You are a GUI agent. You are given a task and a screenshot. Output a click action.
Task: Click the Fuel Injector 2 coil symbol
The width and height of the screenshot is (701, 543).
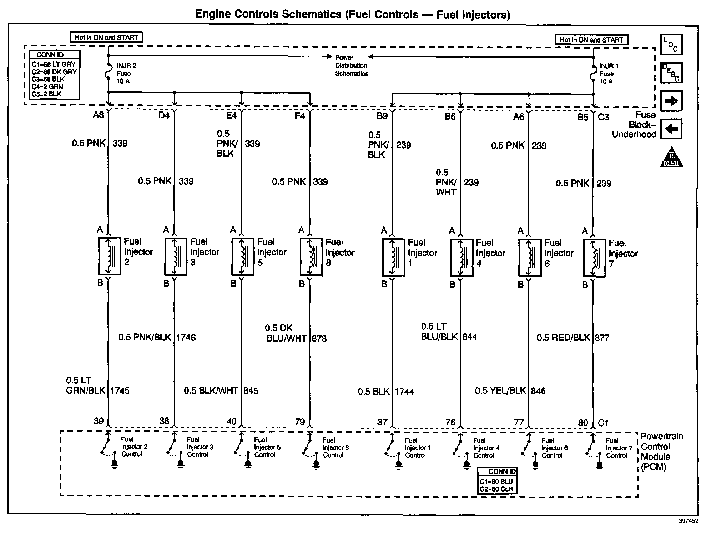click(109, 256)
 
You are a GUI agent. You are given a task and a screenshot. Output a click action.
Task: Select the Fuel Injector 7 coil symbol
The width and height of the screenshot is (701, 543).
click(594, 258)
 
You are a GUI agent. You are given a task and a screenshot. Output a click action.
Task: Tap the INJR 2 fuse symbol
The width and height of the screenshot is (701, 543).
click(108, 73)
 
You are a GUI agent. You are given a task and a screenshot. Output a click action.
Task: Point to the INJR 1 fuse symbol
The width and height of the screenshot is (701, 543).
click(593, 74)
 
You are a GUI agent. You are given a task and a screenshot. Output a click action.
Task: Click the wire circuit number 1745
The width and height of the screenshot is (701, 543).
click(120, 390)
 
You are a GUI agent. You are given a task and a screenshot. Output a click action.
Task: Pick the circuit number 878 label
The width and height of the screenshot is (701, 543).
click(319, 338)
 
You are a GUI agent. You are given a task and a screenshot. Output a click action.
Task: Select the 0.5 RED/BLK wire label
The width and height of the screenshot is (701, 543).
click(563, 338)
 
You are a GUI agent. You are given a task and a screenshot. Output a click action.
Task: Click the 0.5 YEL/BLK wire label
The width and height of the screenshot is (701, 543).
click(500, 390)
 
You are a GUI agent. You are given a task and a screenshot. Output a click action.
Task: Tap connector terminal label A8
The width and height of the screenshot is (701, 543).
click(98, 115)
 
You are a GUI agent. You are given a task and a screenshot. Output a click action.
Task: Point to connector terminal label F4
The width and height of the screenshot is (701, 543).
click(299, 115)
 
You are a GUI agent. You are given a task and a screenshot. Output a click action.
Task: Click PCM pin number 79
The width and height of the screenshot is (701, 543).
click(299, 422)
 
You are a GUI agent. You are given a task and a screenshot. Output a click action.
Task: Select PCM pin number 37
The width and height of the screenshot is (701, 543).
click(382, 422)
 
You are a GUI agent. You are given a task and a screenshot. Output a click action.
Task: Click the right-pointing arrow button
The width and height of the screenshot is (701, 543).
click(671, 101)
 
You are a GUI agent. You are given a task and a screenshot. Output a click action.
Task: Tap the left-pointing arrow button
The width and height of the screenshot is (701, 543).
click(671, 129)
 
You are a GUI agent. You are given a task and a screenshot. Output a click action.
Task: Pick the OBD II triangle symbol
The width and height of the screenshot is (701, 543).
click(671, 158)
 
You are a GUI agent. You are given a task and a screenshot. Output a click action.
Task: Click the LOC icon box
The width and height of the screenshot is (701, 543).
click(671, 45)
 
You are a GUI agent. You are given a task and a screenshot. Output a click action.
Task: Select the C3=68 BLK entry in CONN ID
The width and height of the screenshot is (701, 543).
click(48, 79)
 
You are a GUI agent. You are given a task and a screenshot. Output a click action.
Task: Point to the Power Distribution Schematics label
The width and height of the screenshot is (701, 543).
click(351, 65)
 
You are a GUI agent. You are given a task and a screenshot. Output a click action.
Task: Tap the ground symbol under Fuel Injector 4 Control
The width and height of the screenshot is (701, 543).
click(467, 464)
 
